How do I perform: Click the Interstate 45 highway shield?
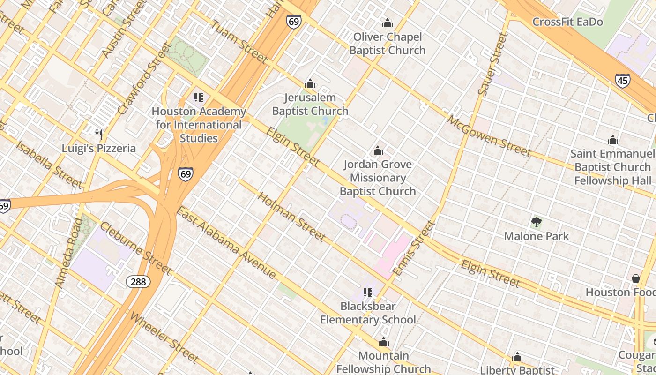(x=622, y=81)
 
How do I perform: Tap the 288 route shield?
(x=138, y=281)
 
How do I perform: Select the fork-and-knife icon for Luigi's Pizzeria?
(x=99, y=135)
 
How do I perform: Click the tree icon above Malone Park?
(x=537, y=222)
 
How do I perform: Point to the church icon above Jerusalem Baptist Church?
(x=310, y=84)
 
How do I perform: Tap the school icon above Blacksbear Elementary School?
(x=368, y=292)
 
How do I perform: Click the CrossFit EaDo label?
(x=567, y=22)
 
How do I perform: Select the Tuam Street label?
(x=239, y=42)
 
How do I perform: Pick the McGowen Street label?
(x=489, y=136)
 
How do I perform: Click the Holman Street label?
(x=291, y=217)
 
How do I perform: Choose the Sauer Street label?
(x=493, y=64)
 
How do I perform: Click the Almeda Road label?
(x=68, y=252)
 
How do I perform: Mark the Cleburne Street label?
(x=135, y=248)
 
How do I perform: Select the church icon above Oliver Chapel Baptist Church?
(x=388, y=23)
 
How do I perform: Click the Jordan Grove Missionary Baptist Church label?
(x=378, y=178)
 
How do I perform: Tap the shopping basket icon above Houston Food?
(x=635, y=278)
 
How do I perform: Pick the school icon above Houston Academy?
(x=199, y=97)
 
